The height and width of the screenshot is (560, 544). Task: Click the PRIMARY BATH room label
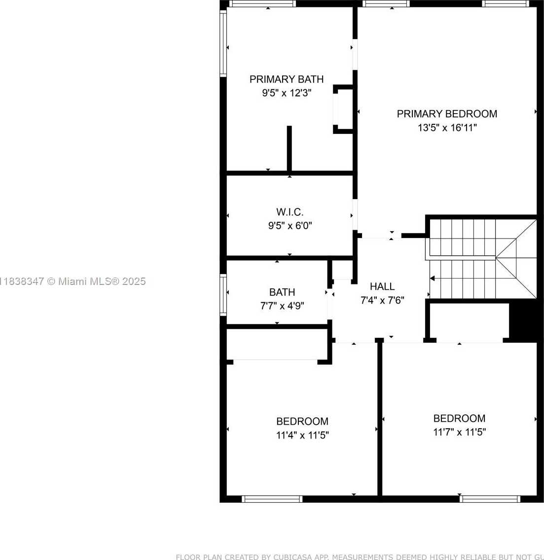tap(287, 79)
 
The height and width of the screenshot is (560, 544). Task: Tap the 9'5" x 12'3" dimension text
tap(287, 93)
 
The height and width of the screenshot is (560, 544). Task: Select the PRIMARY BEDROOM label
tap(447, 114)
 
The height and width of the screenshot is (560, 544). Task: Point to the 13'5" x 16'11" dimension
tap(447, 127)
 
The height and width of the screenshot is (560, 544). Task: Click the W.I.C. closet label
tap(290, 212)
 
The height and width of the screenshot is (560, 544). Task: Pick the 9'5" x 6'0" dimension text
tap(290, 226)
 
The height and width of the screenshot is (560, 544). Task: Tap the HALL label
tap(382, 286)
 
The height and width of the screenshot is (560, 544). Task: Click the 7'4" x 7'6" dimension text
tap(382, 300)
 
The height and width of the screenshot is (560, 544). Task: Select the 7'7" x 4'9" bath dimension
tap(282, 306)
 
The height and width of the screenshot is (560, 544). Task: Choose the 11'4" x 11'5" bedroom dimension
tap(302, 436)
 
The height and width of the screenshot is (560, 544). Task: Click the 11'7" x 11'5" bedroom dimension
tap(460, 432)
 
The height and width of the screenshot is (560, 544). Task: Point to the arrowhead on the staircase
tap(433, 278)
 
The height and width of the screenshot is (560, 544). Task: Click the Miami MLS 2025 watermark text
tap(73, 281)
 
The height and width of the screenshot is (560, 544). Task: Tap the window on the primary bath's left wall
tap(223, 43)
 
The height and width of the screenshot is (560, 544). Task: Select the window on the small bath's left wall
tap(223, 295)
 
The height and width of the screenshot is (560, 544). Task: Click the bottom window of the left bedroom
tap(272, 499)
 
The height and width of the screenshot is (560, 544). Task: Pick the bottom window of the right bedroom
tap(490, 499)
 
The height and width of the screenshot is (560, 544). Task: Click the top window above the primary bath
tap(262, 3)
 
